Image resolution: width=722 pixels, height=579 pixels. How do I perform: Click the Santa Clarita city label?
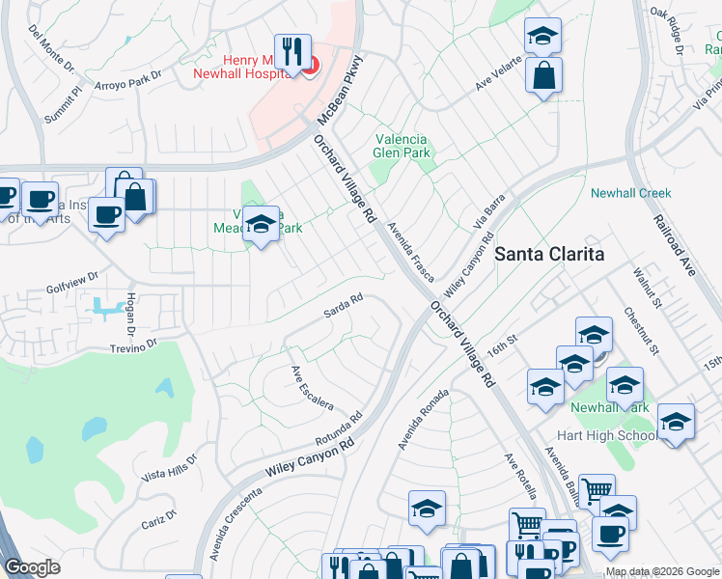pos(549,255)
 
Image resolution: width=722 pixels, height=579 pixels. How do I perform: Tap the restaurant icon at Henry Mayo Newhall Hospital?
pos(292,52)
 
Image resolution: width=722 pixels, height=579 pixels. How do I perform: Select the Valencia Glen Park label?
pos(401,146)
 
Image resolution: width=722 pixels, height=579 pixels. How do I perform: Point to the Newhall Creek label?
pos(630,193)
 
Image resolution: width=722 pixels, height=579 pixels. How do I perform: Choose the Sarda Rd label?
pos(343,306)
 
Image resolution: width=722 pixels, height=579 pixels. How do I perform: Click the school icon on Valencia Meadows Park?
pos(260,226)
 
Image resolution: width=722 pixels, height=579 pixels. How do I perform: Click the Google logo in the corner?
pos(32,567)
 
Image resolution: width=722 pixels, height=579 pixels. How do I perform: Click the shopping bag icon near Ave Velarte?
pos(543,75)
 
